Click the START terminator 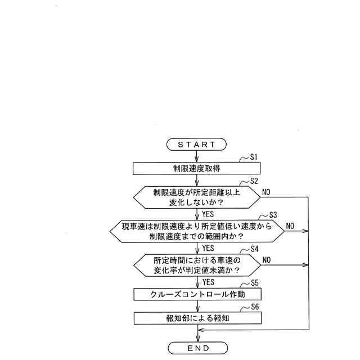(197, 145)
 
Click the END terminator (197, 348)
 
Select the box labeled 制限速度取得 (197, 168)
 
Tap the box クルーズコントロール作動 (197, 294)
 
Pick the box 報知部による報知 (197, 318)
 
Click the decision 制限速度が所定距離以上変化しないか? (197, 197)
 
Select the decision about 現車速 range (197, 231)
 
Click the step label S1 (253, 157)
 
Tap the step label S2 (254, 181)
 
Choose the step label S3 (273, 215)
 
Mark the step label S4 (254, 249)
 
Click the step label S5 (254, 283)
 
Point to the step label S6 (254, 307)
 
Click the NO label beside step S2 (266, 192)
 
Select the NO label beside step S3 (290, 226)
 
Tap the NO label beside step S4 (266, 259)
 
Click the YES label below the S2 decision (208, 214)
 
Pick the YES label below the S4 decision (208, 282)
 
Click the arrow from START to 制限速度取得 (197, 157)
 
